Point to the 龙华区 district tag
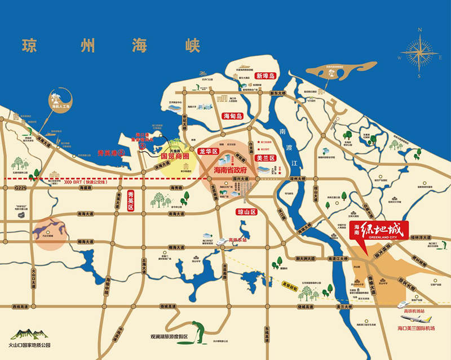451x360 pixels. pyautogui.click(x=209, y=151)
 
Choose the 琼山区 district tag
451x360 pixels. pyautogui.click(x=246, y=212)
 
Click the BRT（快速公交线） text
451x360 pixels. pyautogui.click(x=94, y=183)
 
